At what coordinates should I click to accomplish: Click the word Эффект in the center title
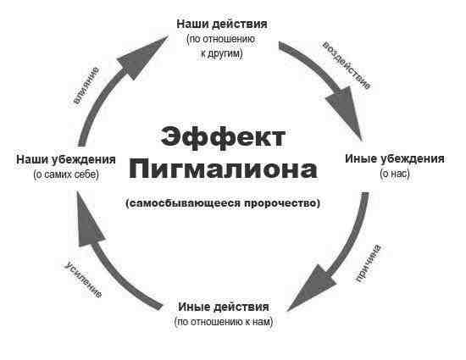tap(223, 137)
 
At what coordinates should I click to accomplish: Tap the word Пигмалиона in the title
tap(223, 170)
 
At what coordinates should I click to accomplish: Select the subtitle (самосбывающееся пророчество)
tap(223, 203)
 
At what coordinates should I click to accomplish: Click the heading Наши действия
tap(222, 24)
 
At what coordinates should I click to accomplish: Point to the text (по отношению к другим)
tap(221, 47)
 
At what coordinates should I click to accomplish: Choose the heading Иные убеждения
tap(395, 159)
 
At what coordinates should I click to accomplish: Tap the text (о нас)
tap(395, 174)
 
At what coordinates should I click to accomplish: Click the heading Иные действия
tap(224, 307)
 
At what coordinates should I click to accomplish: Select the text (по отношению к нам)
tap(224, 322)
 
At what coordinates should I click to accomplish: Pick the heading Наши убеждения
tap(66, 160)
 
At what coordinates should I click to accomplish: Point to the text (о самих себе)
tap(66, 174)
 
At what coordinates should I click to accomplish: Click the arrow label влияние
tap(86, 86)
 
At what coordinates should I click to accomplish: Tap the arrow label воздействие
tap(347, 65)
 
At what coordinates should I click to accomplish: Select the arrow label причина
tap(368, 263)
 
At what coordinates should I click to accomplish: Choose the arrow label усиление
tap(83, 280)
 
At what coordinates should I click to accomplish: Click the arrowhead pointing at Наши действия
tap(142, 58)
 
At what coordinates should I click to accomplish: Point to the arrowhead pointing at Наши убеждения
tap(88, 220)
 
